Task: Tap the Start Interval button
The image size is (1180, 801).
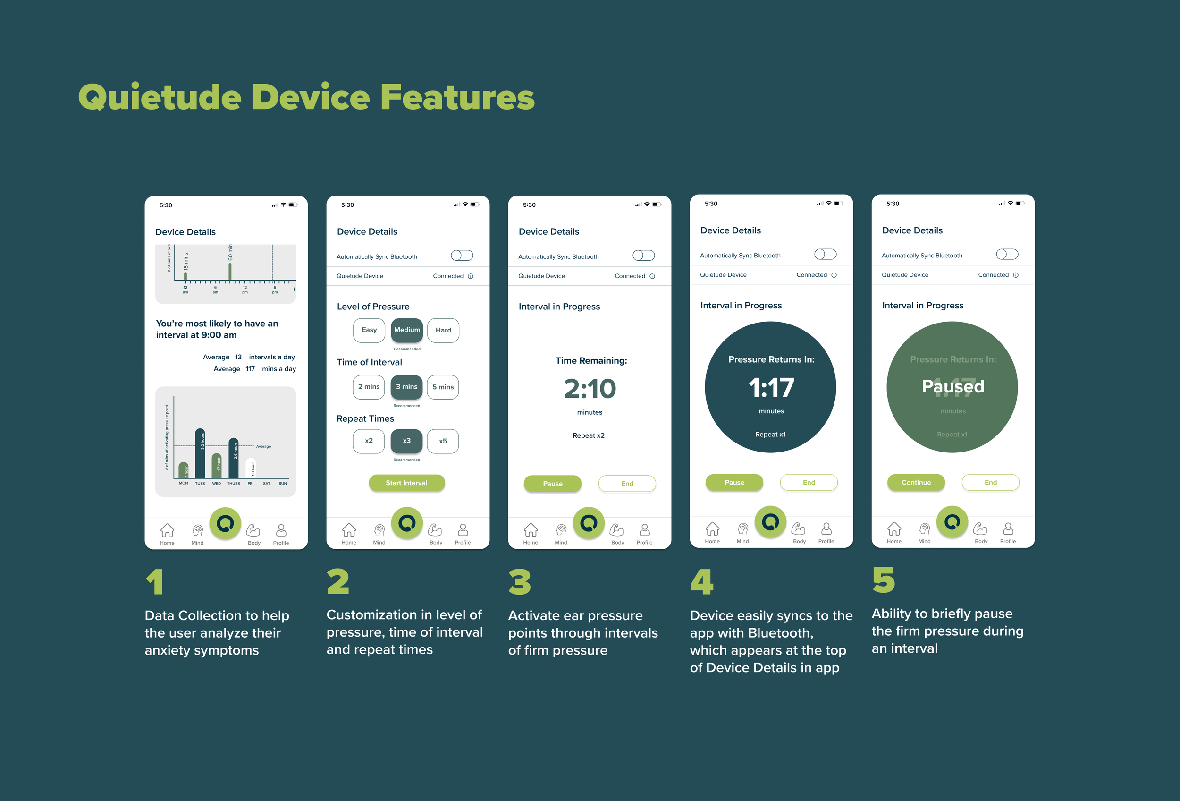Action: point(407,483)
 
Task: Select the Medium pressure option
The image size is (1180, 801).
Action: point(407,330)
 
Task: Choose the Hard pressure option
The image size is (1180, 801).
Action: point(443,330)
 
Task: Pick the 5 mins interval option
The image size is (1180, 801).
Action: point(443,387)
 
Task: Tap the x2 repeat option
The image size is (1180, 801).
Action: point(369,441)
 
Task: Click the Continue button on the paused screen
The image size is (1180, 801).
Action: point(916,483)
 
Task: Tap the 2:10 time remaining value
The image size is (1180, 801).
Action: point(590,389)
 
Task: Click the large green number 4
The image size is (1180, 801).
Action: point(702,582)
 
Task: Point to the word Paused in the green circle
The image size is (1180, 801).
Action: point(952,386)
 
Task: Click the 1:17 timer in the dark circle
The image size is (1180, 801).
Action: point(771,388)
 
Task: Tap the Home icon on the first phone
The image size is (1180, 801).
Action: point(167,531)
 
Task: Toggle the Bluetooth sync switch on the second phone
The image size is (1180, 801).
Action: point(462,256)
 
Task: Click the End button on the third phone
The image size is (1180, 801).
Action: point(627,484)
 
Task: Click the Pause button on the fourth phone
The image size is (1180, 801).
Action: point(734,483)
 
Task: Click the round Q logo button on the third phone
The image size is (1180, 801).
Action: point(589,523)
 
